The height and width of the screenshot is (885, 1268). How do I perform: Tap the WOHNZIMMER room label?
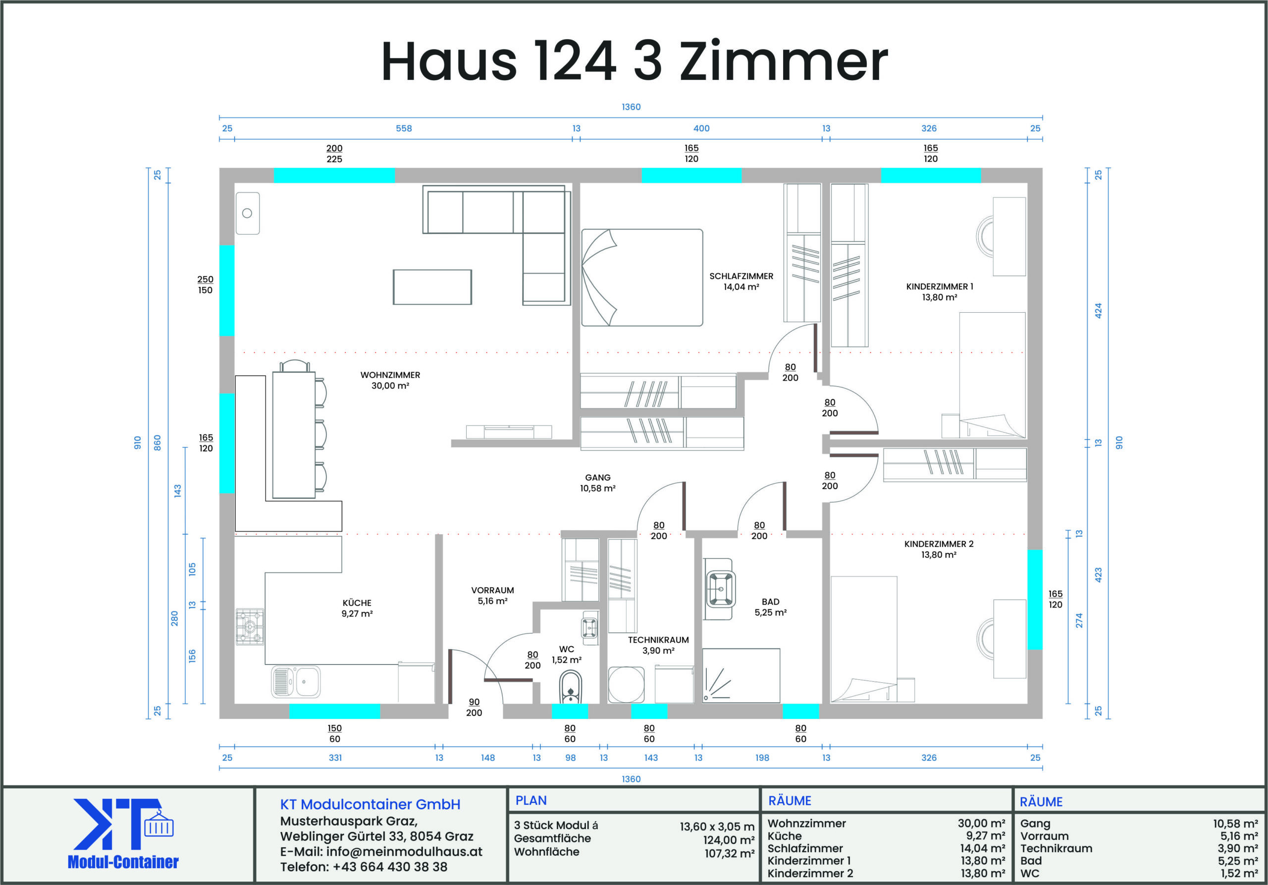(390, 375)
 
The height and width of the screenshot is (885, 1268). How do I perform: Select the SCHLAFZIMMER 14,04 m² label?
(741, 281)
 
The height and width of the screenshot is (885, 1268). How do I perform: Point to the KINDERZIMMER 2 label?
(939, 544)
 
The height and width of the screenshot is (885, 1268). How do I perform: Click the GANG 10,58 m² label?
(597, 483)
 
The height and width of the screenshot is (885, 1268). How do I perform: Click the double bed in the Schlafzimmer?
(642, 277)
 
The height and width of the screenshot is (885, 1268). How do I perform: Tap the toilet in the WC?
(570, 687)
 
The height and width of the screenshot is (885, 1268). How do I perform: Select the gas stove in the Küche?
(250, 626)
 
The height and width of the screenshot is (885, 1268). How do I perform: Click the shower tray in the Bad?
(741, 675)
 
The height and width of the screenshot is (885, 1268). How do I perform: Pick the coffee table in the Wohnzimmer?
(432, 287)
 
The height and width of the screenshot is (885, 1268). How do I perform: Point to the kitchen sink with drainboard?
(296, 682)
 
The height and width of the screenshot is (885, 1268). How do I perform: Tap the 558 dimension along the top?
(404, 128)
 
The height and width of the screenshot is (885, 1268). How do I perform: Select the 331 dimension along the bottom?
(335, 757)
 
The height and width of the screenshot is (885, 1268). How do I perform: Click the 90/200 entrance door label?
(474, 707)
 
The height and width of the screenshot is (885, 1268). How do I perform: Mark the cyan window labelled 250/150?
(227, 290)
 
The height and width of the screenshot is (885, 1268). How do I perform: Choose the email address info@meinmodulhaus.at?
(404, 851)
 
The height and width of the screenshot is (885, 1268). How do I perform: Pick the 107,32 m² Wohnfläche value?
(729, 853)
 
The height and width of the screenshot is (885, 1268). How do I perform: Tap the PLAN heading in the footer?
(530, 800)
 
